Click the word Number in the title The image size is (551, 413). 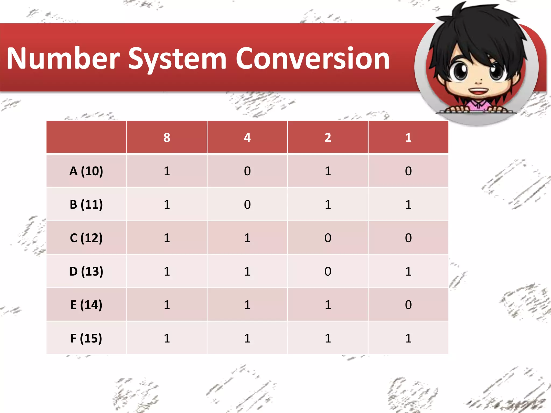coord(63,59)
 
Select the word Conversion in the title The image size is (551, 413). coord(313,59)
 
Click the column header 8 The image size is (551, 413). coord(167,138)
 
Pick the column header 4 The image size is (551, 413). coord(247,138)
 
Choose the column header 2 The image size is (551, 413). coord(328,138)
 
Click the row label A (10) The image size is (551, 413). coord(86,171)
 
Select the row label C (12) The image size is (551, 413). coord(86,238)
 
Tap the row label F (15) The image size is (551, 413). coord(86,338)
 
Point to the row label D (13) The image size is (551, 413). coord(86,271)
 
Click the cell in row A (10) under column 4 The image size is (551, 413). coord(247,171)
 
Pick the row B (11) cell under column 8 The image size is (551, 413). coord(167,205)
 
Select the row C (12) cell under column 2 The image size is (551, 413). coord(328,238)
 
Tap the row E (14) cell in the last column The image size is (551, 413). coord(408,305)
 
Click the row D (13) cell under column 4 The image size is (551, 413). coord(247,271)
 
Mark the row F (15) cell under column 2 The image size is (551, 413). coord(328,338)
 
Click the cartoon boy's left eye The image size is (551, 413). coord(460,71)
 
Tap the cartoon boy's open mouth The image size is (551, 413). coord(478,91)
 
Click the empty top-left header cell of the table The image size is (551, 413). coord(86,137)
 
